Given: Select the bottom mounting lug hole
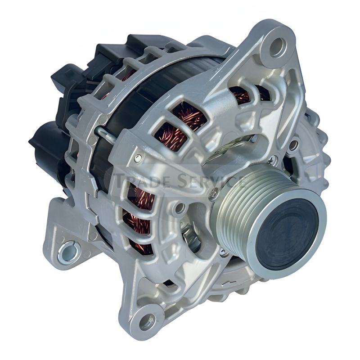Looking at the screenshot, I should pos(147,322).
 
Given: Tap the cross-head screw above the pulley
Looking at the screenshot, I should pos(271,158).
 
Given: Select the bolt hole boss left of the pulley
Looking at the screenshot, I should pos(180,208).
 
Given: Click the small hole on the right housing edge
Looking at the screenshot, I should pos(293,145).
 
